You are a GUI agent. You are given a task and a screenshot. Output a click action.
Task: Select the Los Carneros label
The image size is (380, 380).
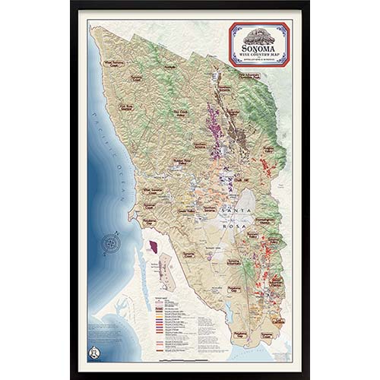pos(266,334)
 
